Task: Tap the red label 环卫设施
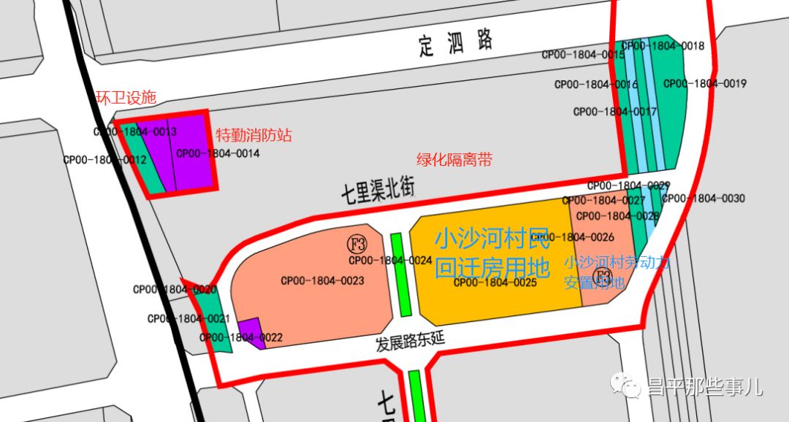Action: tap(126, 98)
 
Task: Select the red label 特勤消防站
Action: tap(254, 135)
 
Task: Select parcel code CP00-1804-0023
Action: tap(322, 280)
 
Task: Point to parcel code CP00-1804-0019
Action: tap(704, 83)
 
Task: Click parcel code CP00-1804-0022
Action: tap(241, 337)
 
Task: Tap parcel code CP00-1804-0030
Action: tap(703, 198)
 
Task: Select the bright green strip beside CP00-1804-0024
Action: tap(401, 275)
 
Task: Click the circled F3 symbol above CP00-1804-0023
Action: tap(357, 243)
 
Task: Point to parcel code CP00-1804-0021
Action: tap(188, 318)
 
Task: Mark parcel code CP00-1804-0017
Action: tap(614, 112)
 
